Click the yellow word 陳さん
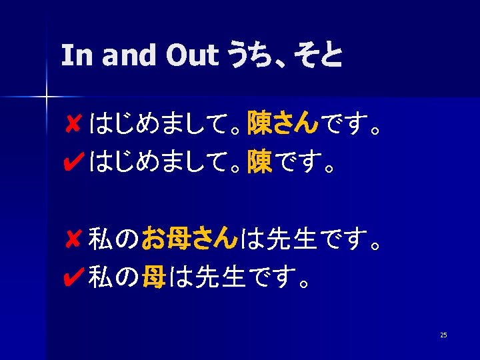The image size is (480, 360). click(x=283, y=122)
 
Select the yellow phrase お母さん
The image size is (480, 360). click(x=189, y=237)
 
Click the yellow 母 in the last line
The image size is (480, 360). click(x=154, y=275)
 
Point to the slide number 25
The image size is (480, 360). click(x=443, y=335)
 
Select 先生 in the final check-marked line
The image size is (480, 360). click(x=221, y=275)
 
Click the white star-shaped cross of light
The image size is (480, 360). click(x=46, y=97)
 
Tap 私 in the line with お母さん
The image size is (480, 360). click(x=101, y=237)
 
